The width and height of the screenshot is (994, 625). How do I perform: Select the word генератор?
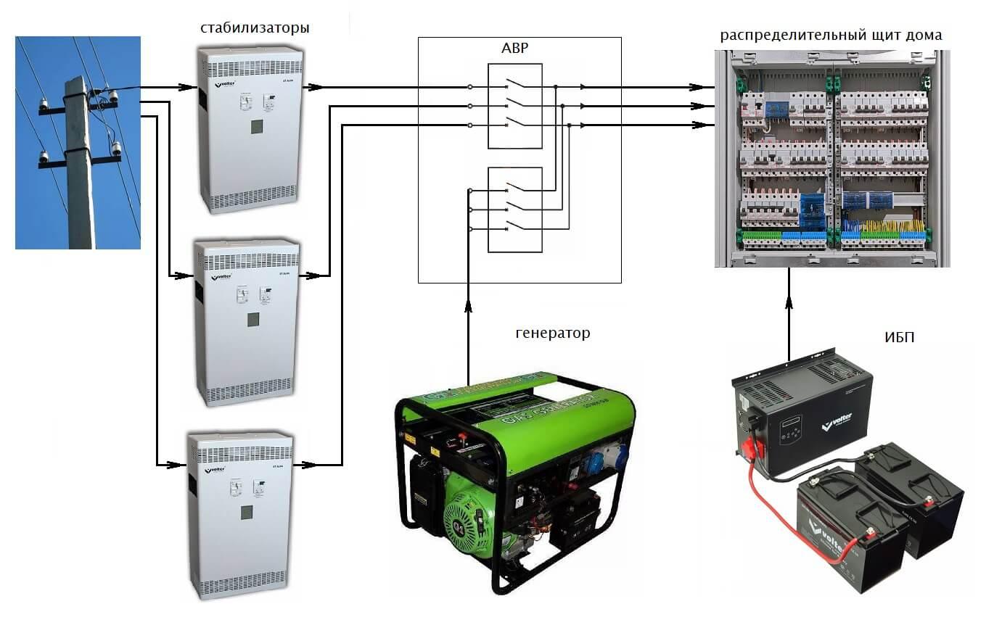click(x=553, y=334)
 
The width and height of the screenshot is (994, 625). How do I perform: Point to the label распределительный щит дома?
click(x=831, y=35)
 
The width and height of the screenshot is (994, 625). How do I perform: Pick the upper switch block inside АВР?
click(x=515, y=106)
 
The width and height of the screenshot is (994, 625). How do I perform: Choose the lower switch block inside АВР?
click(x=515, y=210)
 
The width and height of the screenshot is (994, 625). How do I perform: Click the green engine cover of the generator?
click(x=464, y=508)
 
